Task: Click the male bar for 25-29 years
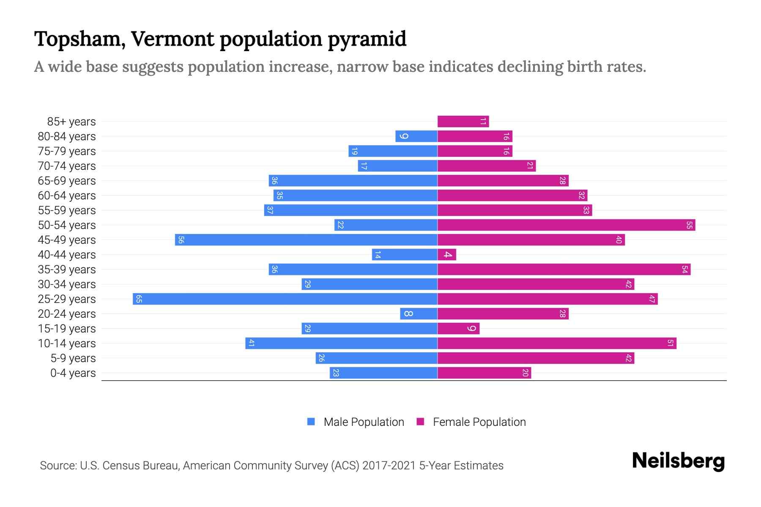click(285, 299)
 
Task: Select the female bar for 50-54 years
click(566, 225)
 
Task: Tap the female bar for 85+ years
click(463, 121)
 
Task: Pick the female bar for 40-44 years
click(447, 254)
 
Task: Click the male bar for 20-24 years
click(419, 313)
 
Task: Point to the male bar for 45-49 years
click(306, 240)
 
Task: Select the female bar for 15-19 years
click(458, 328)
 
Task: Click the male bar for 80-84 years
click(416, 136)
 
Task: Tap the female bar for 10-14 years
click(557, 343)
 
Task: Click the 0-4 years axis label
click(73, 373)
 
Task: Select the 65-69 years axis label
click(67, 181)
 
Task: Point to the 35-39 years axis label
click(67, 270)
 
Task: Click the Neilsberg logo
click(678, 461)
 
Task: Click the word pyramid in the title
click(367, 39)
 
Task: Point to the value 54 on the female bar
click(684, 270)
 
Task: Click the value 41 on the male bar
click(251, 343)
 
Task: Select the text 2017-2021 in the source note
click(389, 465)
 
